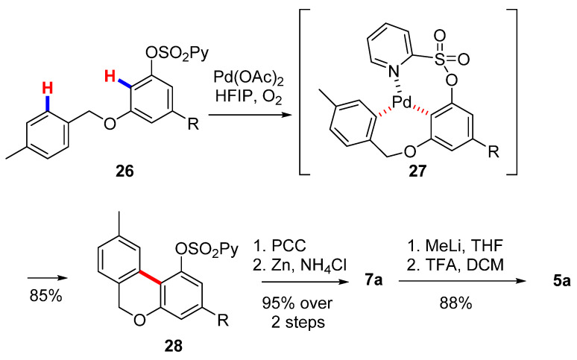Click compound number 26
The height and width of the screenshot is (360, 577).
click(124, 171)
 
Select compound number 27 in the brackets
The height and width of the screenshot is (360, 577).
click(417, 171)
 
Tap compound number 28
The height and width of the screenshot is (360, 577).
click(173, 346)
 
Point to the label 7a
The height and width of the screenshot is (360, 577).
click(373, 281)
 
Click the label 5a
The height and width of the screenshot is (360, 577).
click(561, 281)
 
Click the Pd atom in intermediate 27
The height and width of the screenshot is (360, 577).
click(403, 103)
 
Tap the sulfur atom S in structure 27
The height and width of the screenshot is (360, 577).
click(440, 59)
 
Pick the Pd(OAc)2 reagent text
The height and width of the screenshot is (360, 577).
click(249, 79)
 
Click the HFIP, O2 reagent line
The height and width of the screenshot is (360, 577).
click(249, 98)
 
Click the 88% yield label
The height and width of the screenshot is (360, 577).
click(455, 303)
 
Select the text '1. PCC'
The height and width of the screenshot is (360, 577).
click(280, 246)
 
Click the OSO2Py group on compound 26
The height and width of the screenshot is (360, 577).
click(177, 54)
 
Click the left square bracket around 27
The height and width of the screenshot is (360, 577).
click(301, 91)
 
